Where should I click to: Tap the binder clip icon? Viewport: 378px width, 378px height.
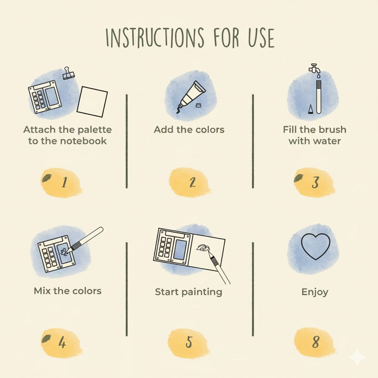coord(68,73)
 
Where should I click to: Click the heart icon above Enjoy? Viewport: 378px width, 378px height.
coord(315,246)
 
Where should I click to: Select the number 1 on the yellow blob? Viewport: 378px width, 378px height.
coord(64,182)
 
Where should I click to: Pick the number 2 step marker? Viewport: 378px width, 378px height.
coord(192,182)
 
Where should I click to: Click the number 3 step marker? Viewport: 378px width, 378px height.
coord(315,183)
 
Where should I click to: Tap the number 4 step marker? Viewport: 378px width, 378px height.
coord(62,343)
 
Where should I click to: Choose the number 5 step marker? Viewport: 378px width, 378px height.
coord(189,342)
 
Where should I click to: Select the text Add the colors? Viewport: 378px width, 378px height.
coord(189,130)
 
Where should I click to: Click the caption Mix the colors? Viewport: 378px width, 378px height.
coord(68,291)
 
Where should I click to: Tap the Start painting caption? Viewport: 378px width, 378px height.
coord(188,292)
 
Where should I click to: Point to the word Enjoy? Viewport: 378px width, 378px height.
coord(315,292)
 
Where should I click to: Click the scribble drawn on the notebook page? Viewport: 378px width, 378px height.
coord(203,248)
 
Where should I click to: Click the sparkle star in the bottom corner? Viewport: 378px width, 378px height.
coord(357,357)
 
